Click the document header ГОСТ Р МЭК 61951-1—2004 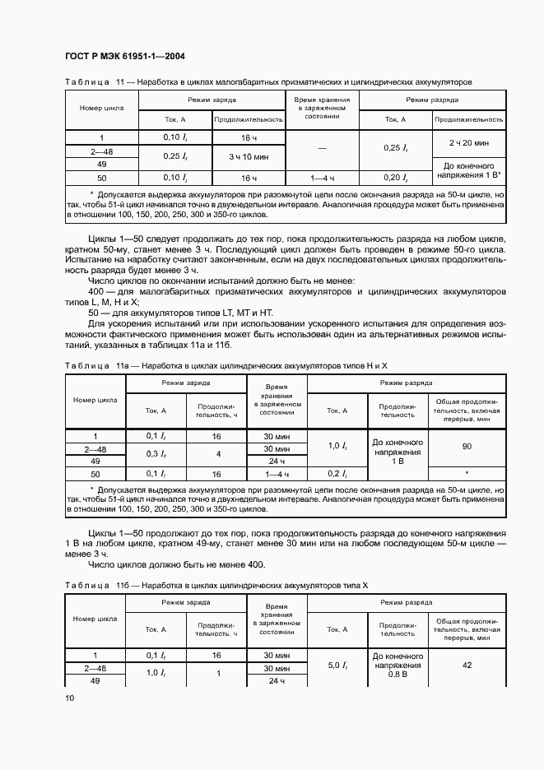coord(123,56)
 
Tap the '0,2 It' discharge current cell coord(338,475)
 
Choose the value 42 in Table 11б coord(467,665)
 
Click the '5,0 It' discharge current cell coord(338,664)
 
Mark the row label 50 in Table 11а coord(95,475)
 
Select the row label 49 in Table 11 coord(101,164)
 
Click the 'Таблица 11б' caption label coord(91,583)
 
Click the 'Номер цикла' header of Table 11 coord(101,109)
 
